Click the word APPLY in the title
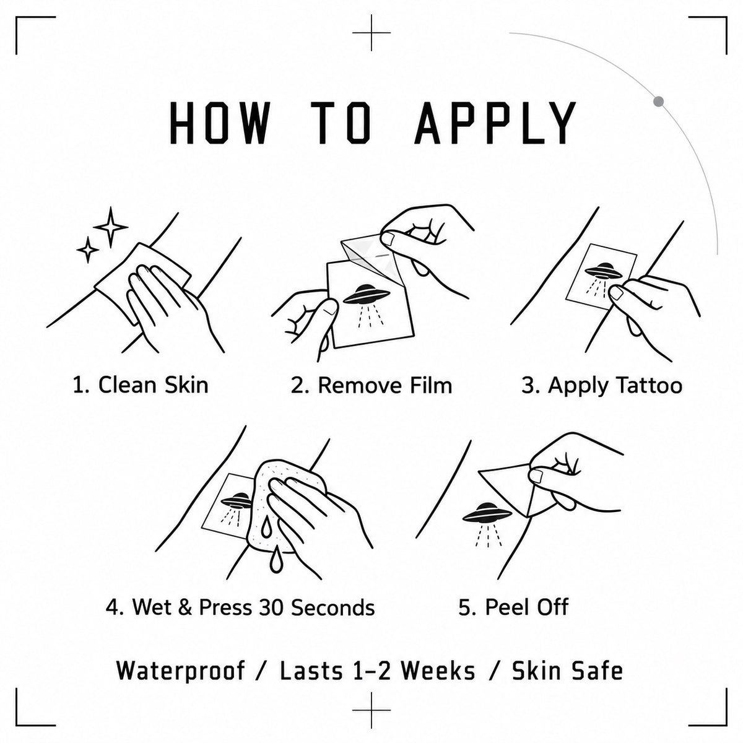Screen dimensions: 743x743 coord(495,122)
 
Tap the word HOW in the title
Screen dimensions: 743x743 coord(219,122)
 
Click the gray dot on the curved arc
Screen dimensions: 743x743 coord(659,102)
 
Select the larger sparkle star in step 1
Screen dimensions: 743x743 coord(111,227)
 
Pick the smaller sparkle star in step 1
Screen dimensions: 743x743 coord(89,250)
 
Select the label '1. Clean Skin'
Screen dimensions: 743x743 coord(141,385)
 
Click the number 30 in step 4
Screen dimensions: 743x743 coord(272,607)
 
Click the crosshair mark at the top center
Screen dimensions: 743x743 coord(371,33)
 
